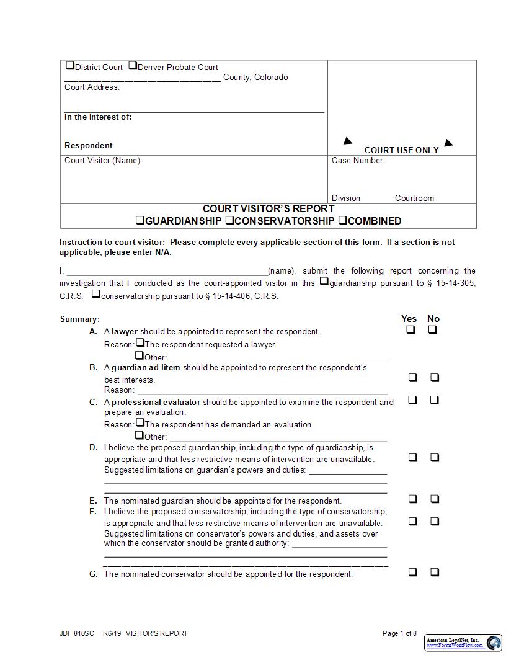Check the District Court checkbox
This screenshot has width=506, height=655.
[69, 66]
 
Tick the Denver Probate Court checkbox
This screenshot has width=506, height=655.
[132, 66]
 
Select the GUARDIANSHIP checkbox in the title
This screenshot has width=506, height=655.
[140, 220]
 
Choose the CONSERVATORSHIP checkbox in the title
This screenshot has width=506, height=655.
[229, 220]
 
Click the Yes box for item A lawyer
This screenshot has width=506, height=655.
[411, 330]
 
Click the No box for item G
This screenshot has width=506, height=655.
[435, 572]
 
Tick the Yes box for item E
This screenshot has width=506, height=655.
[412, 499]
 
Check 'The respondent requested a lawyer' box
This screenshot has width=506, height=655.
[140, 342]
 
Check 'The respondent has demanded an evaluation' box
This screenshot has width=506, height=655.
[140, 423]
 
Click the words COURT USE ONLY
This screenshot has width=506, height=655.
[401, 150]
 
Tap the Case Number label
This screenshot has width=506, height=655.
[358, 161]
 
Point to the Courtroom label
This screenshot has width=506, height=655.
[414, 198]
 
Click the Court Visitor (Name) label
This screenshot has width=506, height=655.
[103, 161]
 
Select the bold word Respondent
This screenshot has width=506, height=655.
[89, 146]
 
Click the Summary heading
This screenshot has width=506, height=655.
[79, 319]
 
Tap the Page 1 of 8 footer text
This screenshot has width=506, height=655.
[400, 633]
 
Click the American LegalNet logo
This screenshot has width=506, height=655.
[463, 643]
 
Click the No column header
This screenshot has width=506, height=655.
[433, 319]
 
